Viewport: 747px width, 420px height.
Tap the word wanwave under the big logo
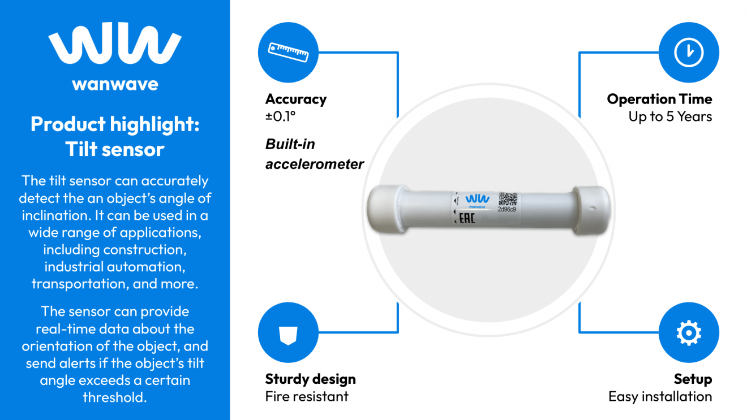[115, 85]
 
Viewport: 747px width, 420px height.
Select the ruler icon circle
[288, 53]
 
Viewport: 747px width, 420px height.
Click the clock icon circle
[689, 53]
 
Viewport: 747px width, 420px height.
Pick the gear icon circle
[689, 333]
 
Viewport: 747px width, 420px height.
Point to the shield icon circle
[288, 333]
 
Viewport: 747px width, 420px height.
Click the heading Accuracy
[296, 99]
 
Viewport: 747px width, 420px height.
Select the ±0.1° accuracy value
[281, 117]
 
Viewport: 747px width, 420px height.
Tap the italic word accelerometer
[315, 164]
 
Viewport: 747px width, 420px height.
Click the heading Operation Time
[659, 99]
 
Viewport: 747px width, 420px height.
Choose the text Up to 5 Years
[670, 117]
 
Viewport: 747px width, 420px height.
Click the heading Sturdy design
[310, 379]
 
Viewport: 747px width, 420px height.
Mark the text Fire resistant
[307, 397]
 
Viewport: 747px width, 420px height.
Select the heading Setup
[693, 379]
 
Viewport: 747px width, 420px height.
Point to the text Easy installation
[660, 397]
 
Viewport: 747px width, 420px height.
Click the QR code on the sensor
[508, 199]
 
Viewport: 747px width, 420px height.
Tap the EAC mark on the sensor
[466, 218]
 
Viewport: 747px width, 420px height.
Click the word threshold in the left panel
[115, 397]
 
